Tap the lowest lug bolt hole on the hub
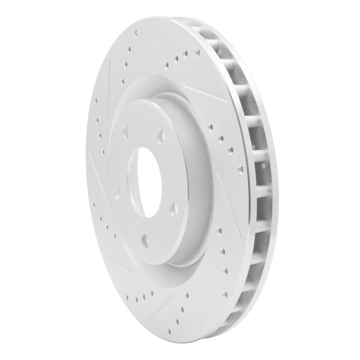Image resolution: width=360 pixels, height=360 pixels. (144, 240)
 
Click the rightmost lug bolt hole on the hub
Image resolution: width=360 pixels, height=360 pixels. (173, 208)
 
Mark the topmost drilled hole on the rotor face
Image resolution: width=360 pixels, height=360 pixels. (135, 33)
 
